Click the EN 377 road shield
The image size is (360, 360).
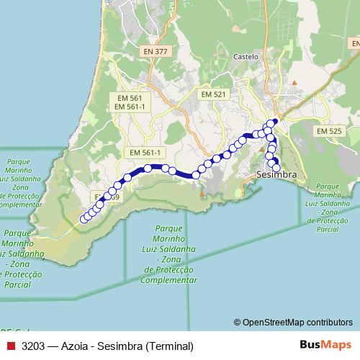[156, 51]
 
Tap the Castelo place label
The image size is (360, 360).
[246, 56]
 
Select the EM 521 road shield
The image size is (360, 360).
[214, 94]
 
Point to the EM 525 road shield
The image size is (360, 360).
[328, 130]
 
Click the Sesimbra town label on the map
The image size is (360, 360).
[276, 175]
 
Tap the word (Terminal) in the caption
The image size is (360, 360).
[170, 346]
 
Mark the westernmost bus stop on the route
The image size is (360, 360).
[84, 219]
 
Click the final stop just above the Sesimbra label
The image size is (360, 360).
[276, 168]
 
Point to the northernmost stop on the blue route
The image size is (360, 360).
[274, 121]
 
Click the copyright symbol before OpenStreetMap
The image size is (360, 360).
[238, 323]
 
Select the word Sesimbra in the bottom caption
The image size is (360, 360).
[125, 346]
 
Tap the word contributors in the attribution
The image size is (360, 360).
[328, 323]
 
